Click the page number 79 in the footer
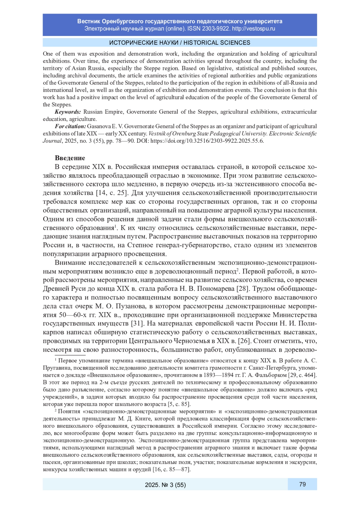(x=302, y=484)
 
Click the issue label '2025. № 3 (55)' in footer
(x=165, y=485)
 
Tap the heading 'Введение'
(x=70, y=158)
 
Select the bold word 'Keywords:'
(x=68, y=112)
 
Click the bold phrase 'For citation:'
(x=70, y=126)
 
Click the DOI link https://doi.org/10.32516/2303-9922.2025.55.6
(x=207, y=141)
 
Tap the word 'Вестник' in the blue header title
(x=88, y=21)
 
